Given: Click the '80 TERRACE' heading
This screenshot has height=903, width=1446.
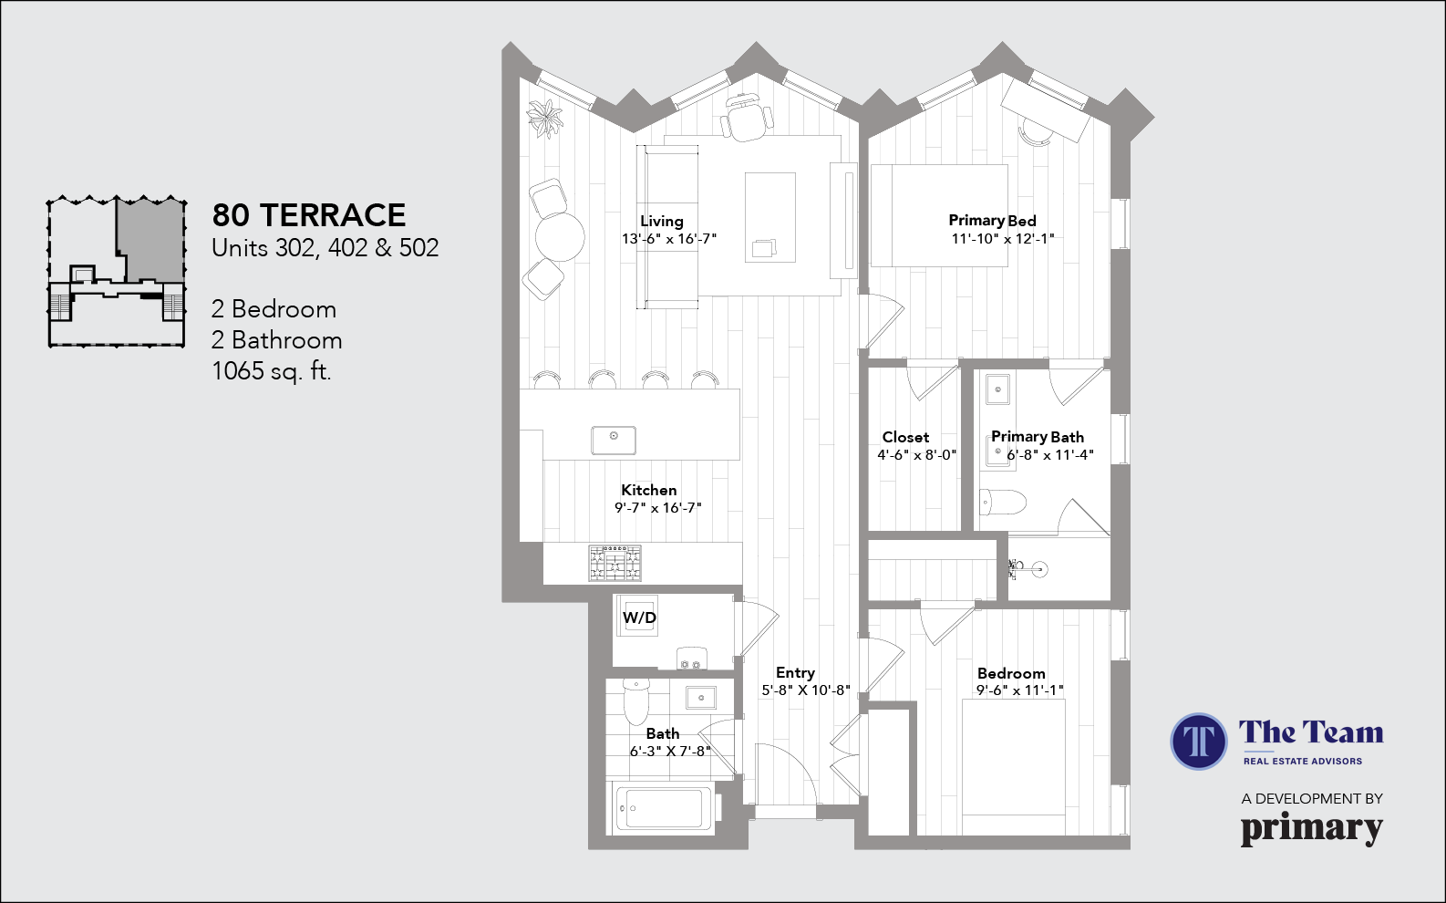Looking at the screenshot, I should coord(308,215).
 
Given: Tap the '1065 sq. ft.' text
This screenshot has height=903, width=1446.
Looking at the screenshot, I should coord(271,371).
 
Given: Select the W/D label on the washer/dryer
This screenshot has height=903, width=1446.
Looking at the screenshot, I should coord(639,618).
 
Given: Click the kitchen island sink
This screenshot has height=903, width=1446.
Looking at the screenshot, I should coord(614,440).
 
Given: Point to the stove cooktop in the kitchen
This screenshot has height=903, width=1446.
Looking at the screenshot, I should coord(615,563).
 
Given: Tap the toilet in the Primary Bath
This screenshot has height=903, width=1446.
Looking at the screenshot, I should coord(1002,502).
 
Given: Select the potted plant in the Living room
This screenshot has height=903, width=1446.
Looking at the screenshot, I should coord(545,118).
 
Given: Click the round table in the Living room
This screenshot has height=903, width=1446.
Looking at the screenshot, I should coord(560,237).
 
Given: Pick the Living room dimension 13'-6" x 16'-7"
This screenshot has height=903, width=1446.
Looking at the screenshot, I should coord(669,239).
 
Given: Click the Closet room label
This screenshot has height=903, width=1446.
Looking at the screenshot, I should coord(905,438).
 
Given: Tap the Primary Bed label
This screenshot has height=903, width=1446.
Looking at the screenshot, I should coord(992,221).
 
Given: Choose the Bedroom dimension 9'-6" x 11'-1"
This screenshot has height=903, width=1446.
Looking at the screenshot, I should coord(1019,690).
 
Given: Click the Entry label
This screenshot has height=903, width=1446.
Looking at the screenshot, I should coord(795,672).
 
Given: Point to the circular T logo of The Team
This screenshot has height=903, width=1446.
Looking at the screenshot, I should coord(1198,741).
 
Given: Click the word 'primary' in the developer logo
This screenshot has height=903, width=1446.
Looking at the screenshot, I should coord(1311,828).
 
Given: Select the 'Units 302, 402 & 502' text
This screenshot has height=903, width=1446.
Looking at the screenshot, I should coord(325,248).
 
